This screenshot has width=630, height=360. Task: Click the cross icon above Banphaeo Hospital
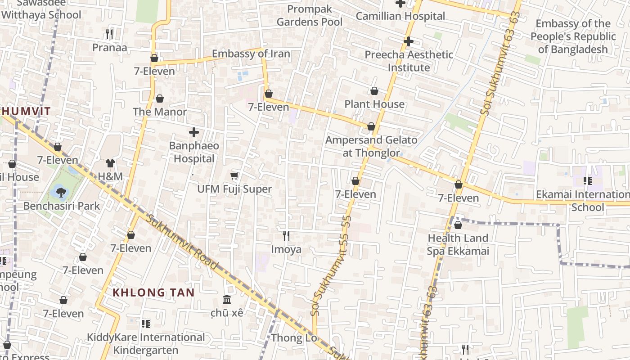[194, 132]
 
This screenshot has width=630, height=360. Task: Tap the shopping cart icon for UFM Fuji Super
[234, 175]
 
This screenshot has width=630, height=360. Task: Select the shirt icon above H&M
[110, 163]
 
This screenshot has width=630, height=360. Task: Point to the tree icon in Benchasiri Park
[60, 192]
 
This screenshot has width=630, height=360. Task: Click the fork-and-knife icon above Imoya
[286, 235]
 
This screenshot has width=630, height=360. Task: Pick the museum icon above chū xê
[227, 299]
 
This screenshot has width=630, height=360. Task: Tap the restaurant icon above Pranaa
[109, 34]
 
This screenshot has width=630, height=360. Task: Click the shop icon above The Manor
[160, 99]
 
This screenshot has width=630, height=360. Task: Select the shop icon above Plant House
[374, 91]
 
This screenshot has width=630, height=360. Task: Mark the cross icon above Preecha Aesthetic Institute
[409, 41]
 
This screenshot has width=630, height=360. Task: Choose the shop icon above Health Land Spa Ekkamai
[458, 225]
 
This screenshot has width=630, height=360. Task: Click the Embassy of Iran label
[251, 54]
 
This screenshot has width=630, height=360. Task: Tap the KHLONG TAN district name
[153, 292]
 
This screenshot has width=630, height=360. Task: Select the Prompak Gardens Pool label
[310, 15]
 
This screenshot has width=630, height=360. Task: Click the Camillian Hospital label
[400, 16]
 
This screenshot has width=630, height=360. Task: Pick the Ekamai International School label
[583, 201]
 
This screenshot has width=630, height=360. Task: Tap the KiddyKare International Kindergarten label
[145, 343]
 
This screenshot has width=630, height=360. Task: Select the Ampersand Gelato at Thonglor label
[371, 146]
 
